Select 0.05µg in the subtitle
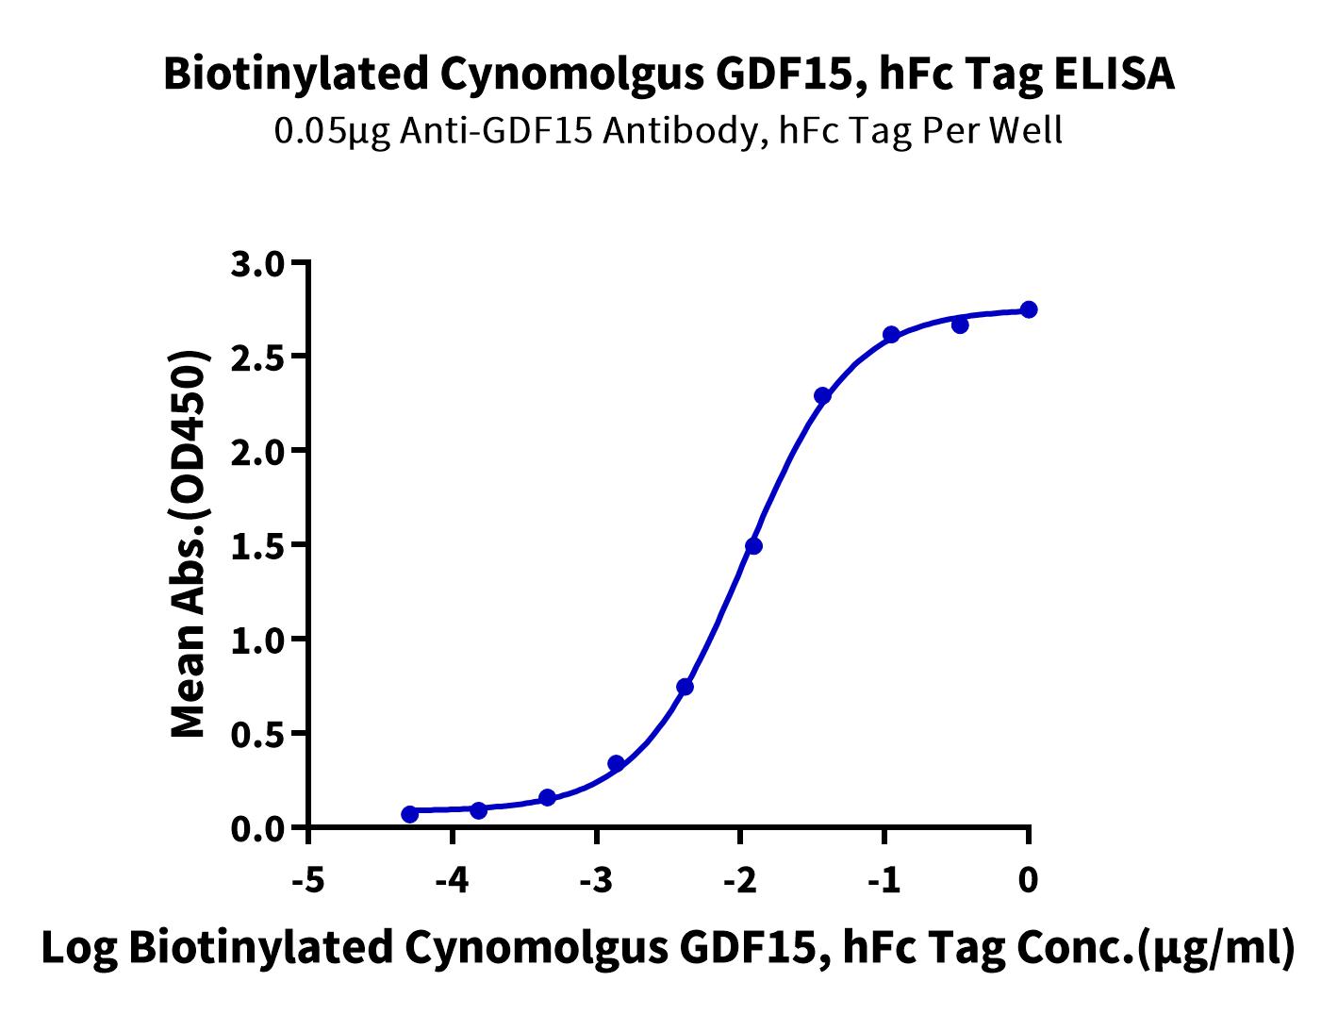329,131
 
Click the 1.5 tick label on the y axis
257,545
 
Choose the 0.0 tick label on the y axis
257,828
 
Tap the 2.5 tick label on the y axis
257,358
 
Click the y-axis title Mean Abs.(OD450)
189,544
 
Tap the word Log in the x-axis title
79,949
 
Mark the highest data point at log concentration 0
1029,309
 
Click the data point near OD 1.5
753,546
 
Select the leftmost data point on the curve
409,814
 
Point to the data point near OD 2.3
822,395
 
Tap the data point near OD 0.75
686,687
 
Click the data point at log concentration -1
891,335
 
